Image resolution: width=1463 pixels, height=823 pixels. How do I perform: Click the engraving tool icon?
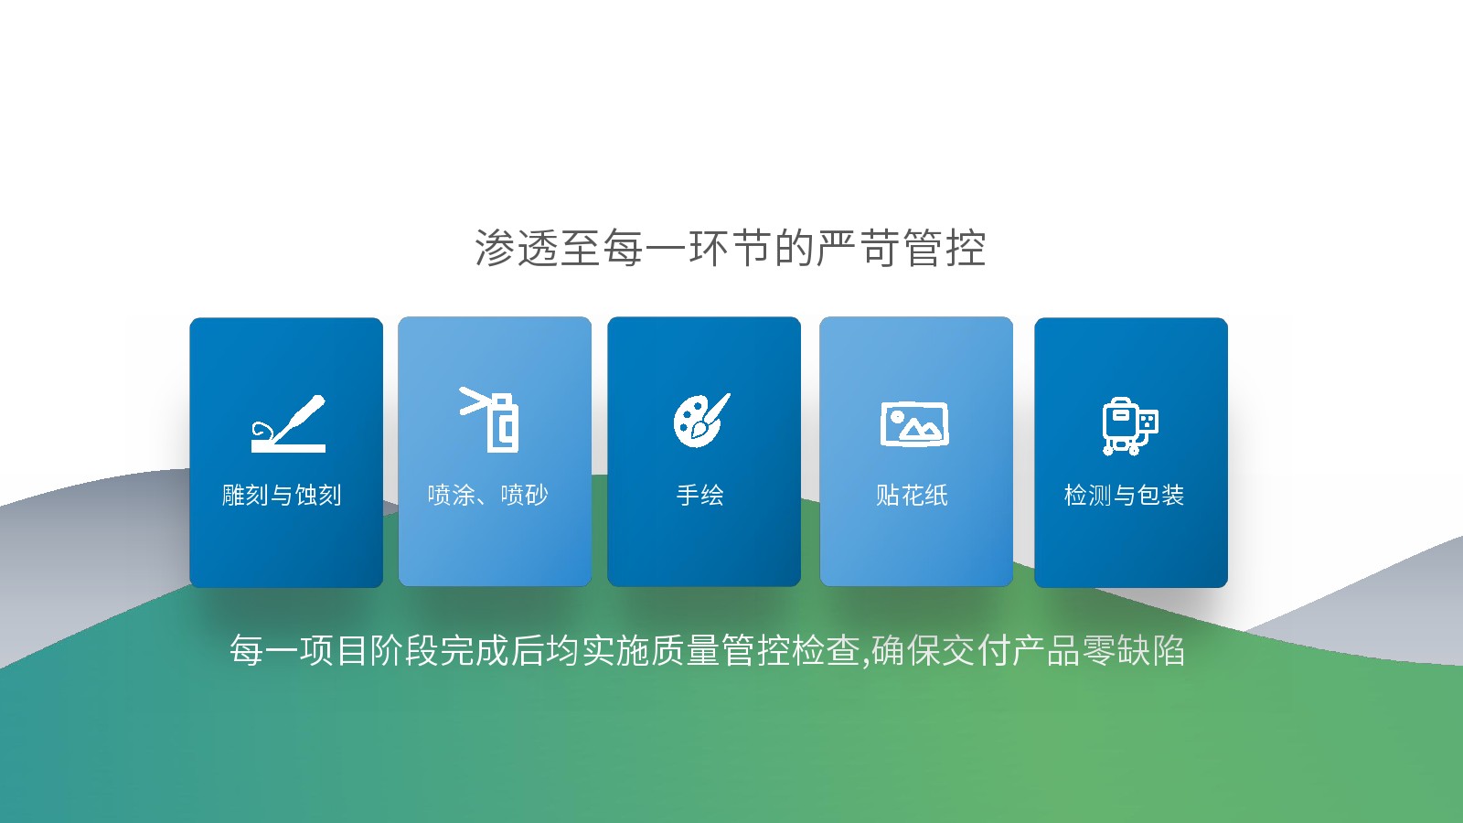(x=288, y=423)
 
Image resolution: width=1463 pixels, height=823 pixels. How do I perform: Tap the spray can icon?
(x=489, y=420)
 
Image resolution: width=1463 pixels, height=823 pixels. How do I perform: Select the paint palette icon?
(x=701, y=420)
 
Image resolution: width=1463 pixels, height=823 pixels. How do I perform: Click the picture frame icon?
(x=914, y=424)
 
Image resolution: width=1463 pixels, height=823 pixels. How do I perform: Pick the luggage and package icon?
(x=1130, y=426)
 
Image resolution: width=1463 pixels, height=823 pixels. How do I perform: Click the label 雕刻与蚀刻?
(x=282, y=495)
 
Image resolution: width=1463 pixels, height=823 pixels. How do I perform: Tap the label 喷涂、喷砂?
(x=488, y=495)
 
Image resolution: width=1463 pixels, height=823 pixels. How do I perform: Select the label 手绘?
(x=700, y=495)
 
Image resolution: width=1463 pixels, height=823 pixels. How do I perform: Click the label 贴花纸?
(x=912, y=495)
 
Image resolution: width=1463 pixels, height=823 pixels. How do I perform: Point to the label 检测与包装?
(x=1124, y=495)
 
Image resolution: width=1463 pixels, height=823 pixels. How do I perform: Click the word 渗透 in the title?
(x=517, y=248)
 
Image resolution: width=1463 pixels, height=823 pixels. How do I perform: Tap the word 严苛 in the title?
(x=859, y=248)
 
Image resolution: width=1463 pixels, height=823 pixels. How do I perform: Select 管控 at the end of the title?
(x=945, y=248)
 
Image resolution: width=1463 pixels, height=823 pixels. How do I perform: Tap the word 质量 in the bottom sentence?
(x=685, y=650)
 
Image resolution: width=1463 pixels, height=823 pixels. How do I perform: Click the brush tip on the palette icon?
(x=699, y=430)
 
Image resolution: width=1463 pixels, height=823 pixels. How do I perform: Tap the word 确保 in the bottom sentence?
(x=906, y=650)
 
